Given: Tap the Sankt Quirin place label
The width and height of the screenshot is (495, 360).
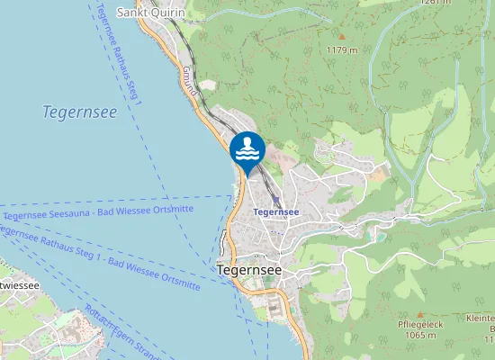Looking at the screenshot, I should click(x=151, y=13).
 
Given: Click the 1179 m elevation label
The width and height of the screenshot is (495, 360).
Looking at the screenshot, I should click(x=342, y=49).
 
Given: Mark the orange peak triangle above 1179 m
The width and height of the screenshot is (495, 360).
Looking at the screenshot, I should click(x=342, y=37).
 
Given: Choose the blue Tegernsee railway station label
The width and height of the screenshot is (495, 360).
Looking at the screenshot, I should click(x=276, y=212).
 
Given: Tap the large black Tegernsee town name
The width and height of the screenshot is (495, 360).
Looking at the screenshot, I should click(x=249, y=269).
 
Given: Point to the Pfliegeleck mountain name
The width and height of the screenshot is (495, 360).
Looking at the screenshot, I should click(x=418, y=324).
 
